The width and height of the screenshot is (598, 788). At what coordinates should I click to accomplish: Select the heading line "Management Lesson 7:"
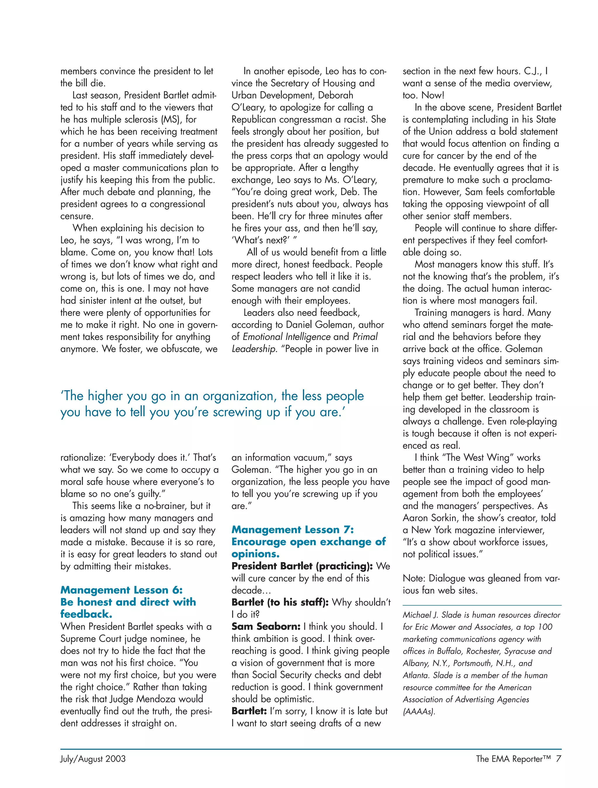click(x=293, y=530)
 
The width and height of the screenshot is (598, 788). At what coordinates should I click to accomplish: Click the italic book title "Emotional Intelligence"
click(x=286, y=337)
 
